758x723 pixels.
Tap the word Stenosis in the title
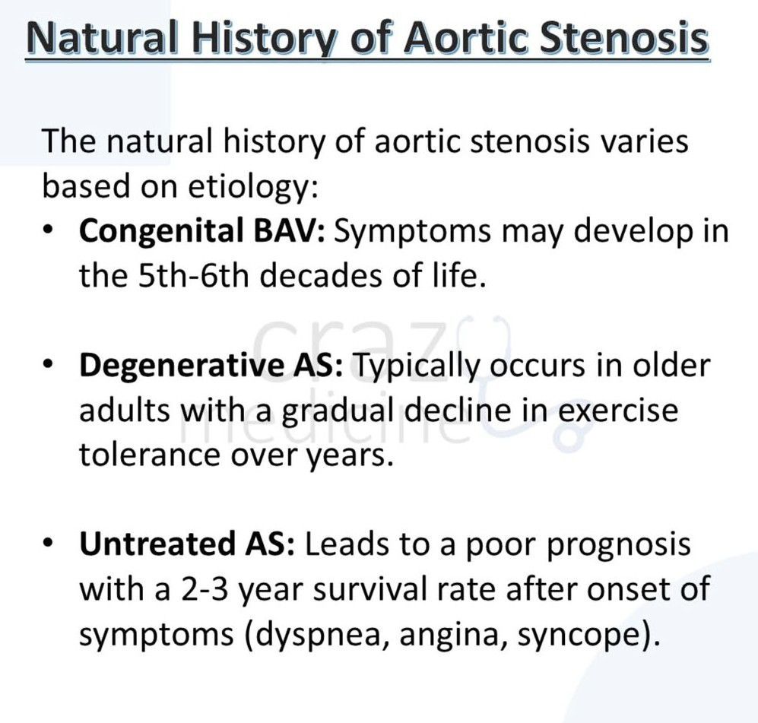[x=624, y=38]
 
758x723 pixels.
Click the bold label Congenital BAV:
[x=202, y=231]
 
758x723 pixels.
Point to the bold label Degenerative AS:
[x=211, y=366]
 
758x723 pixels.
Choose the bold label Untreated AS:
[x=186, y=544]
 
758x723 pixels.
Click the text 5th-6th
[x=193, y=276]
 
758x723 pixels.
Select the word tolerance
[x=149, y=455]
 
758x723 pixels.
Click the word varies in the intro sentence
[x=645, y=142]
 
